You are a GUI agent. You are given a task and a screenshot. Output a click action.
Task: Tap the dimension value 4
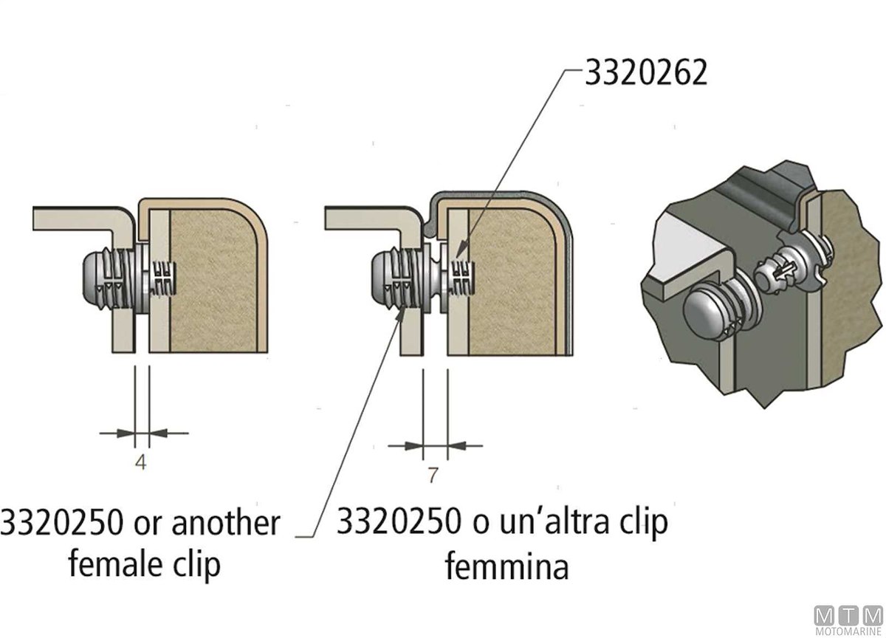(141, 462)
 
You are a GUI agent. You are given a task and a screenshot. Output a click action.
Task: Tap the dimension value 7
(433, 475)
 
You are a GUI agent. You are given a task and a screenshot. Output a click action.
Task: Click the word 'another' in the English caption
(226, 524)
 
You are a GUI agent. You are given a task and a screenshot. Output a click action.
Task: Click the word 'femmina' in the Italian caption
(506, 566)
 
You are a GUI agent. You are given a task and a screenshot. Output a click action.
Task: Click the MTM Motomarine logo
(848, 620)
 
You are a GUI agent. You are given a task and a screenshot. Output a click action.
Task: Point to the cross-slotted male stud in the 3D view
(772, 272)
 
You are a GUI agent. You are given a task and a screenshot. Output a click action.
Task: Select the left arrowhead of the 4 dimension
(125, 433)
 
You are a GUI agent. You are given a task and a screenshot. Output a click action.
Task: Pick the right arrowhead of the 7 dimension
(457, 446)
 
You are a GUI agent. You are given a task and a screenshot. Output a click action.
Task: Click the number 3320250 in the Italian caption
(399, 522)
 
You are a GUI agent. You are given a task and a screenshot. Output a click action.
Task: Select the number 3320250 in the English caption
(62, 523)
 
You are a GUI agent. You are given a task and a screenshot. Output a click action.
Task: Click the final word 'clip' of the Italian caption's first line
(644, 523)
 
